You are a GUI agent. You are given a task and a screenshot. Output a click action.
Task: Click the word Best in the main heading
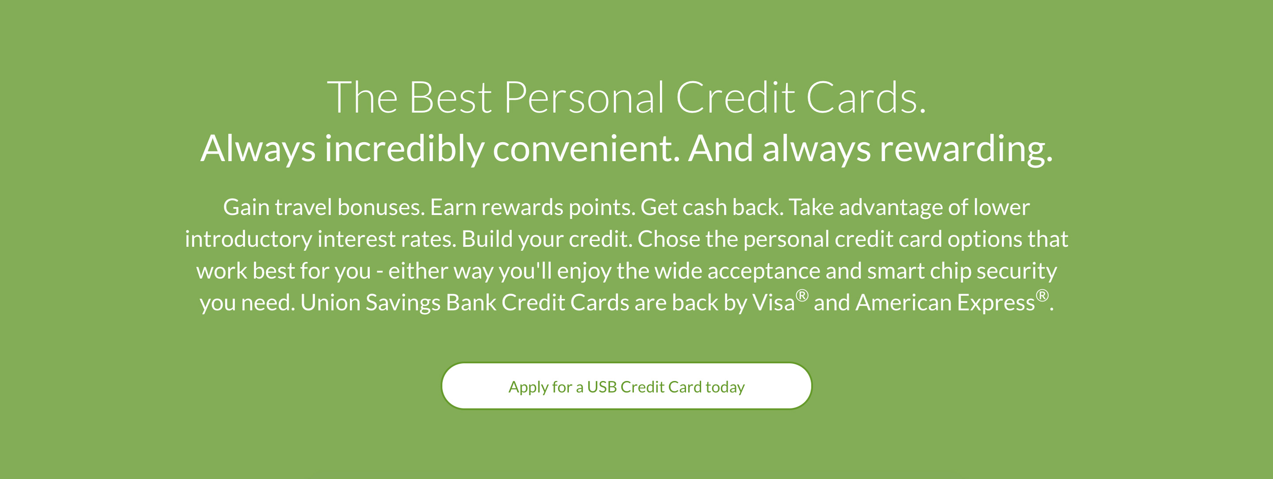pos(450,98)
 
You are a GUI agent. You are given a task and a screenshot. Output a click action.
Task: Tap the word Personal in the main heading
pos(583,98)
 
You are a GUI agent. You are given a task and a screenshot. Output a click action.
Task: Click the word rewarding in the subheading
pos(966,149)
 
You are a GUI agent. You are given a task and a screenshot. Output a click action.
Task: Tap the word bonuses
pos(381,207)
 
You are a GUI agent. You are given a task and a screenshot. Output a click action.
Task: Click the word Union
pos(330,303)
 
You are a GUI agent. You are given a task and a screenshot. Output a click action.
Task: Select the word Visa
pos(774,303)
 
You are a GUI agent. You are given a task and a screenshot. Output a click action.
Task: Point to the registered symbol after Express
pos(1042,296)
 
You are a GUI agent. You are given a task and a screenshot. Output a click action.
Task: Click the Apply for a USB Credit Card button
pos(626,386)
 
